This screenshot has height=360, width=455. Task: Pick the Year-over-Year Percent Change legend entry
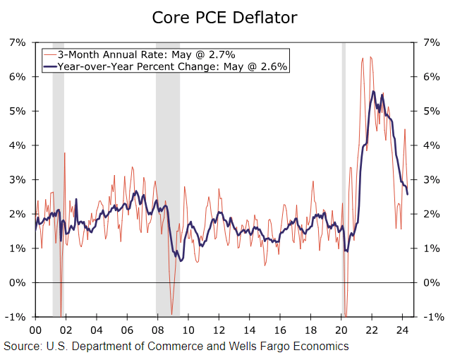click(x=166, y=66)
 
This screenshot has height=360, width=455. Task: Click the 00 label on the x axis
click(x=35, y=330)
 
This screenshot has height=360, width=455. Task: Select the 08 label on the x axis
click(x=157, y=330)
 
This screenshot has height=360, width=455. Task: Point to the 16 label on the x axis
click(x=280, y=330)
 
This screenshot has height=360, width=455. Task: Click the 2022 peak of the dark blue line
click(x=372, y=91)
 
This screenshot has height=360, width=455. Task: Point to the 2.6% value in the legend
click(x=275, y=66)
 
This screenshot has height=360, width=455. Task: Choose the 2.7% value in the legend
click(x=221, y=54)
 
